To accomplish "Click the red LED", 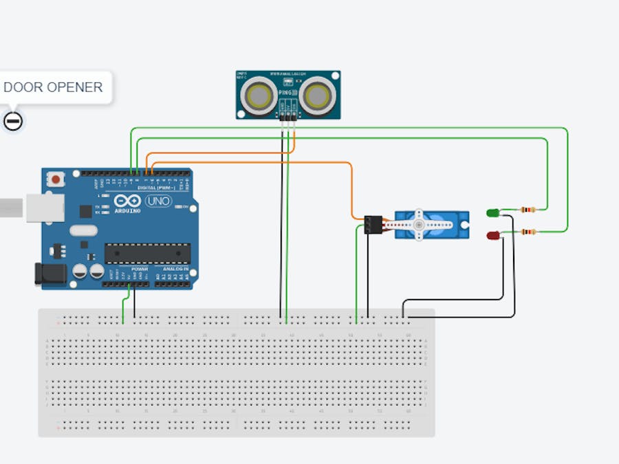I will [x=493, y=236].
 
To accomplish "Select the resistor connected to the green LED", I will [x=528, y=209].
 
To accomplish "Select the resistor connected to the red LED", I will [x=528, y=232].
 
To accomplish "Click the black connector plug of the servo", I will [x=373, y=225].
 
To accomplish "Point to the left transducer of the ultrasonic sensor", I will [x=261, y=95].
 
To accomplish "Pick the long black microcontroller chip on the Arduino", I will [x=147, y=253].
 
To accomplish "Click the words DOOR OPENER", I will [x=53, y=87].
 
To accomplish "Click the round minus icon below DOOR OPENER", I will [x=13, y=122].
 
